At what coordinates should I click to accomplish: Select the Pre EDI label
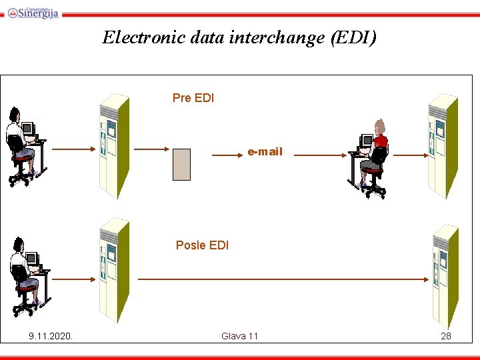pos(193,98)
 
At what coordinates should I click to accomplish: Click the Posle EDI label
pos(202,245)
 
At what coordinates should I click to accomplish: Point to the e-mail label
pos(265,152)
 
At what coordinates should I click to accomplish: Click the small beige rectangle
pos(181,165)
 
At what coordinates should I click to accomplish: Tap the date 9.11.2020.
pos(51,336)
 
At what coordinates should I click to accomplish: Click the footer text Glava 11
pos(239,336)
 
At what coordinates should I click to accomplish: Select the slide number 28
pos(446,336)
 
